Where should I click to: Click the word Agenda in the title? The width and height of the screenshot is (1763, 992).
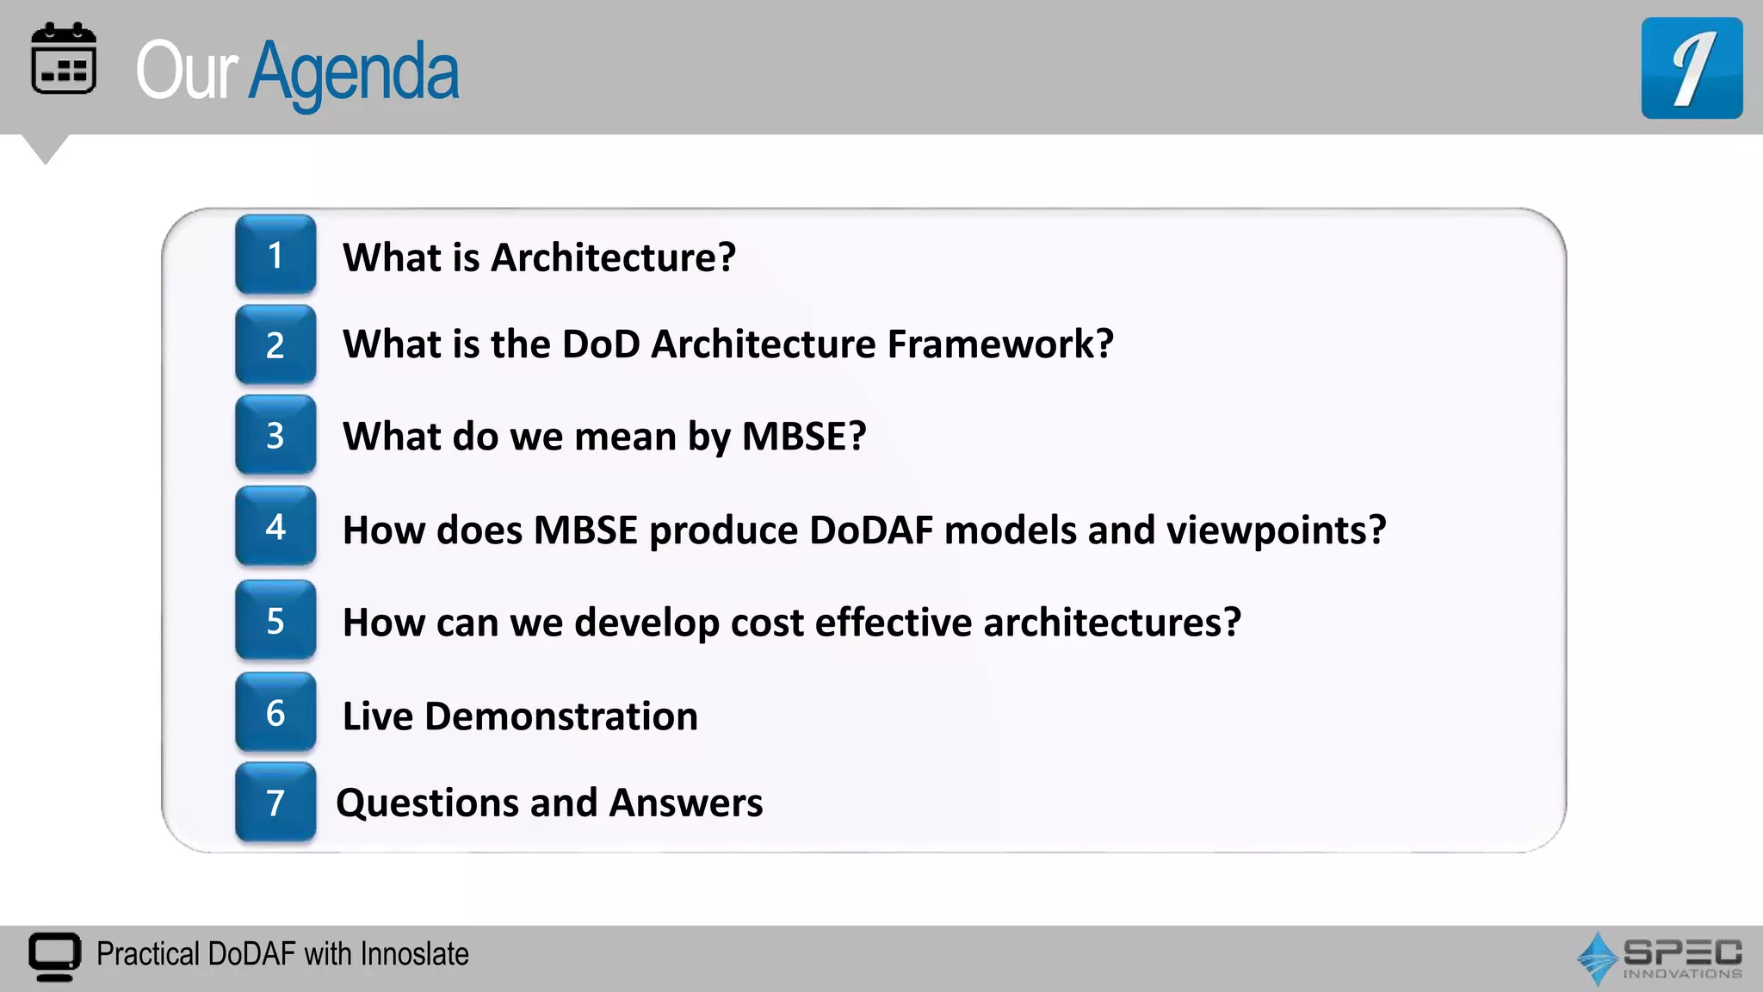[x=354, y=73]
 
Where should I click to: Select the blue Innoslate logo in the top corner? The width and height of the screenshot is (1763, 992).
[x=1691, y=68]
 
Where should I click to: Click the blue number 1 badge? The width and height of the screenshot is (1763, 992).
[x=275, y=255]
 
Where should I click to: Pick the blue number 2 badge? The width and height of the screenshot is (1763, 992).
[x=275, y=345]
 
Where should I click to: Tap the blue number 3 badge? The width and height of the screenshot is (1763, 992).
[x=275, y=436]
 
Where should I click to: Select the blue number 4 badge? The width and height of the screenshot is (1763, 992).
[x=275, y=526]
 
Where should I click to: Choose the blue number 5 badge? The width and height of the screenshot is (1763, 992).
[x=275, y=621]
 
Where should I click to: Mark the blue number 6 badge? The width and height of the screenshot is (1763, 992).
[x=275, y=713]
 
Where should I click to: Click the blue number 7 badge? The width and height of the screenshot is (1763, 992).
[x=275, y=803]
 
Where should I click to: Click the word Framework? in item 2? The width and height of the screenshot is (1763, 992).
[x=1000, y=344]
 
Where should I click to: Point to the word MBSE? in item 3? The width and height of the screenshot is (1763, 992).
[x=803, y=437]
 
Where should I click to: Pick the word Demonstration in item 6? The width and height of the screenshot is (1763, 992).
[x=560, y=716]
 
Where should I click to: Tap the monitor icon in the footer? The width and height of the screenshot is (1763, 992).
[x=55, y=956]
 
